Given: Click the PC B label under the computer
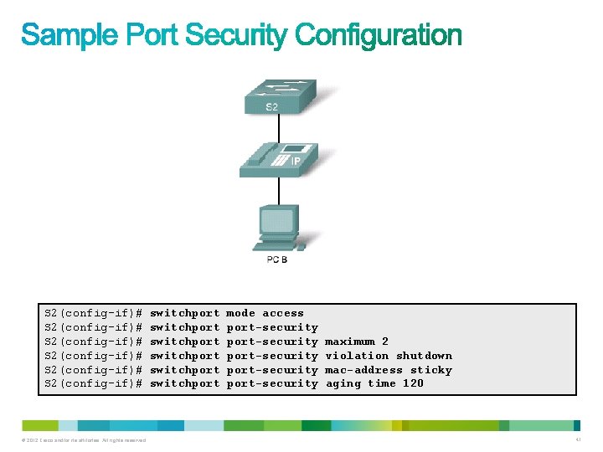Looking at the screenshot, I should point(277,260).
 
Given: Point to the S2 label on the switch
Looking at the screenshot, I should point(272,107).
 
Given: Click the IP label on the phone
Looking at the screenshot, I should point(295,162).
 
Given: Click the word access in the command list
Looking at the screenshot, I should point(283,313).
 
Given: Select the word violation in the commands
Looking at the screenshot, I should point(357,356).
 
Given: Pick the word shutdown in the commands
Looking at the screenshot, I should point(424,356).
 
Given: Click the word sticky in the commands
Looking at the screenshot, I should point(431,370).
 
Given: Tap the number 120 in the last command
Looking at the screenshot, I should point(413,383).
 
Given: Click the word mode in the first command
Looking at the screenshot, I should point(241,313).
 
